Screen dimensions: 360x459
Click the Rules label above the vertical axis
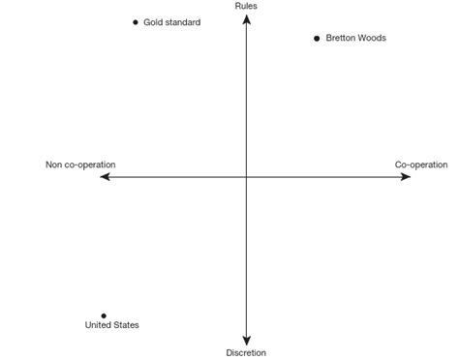[x=246, y=7]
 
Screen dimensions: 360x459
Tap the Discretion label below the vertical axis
[x=246, y=353]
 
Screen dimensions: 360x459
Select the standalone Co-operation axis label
[x=421, y=165]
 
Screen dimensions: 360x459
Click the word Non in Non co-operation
[x=54, y=165]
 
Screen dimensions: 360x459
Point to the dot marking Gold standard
[x=136, y=22]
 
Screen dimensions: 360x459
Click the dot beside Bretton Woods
[x=317, y=39]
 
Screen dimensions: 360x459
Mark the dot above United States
[x=104, y=315]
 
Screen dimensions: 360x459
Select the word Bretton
[x=340, y=39]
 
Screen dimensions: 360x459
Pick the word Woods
[x=372, y=39]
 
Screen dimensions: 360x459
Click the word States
[x=127, y=325]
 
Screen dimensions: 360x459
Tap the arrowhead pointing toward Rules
[x=246, y=17]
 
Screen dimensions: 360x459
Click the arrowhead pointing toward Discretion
[x=246, y=341]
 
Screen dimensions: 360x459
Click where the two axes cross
[x=246, y=177]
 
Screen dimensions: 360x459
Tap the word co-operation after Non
[x=90, y=165]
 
